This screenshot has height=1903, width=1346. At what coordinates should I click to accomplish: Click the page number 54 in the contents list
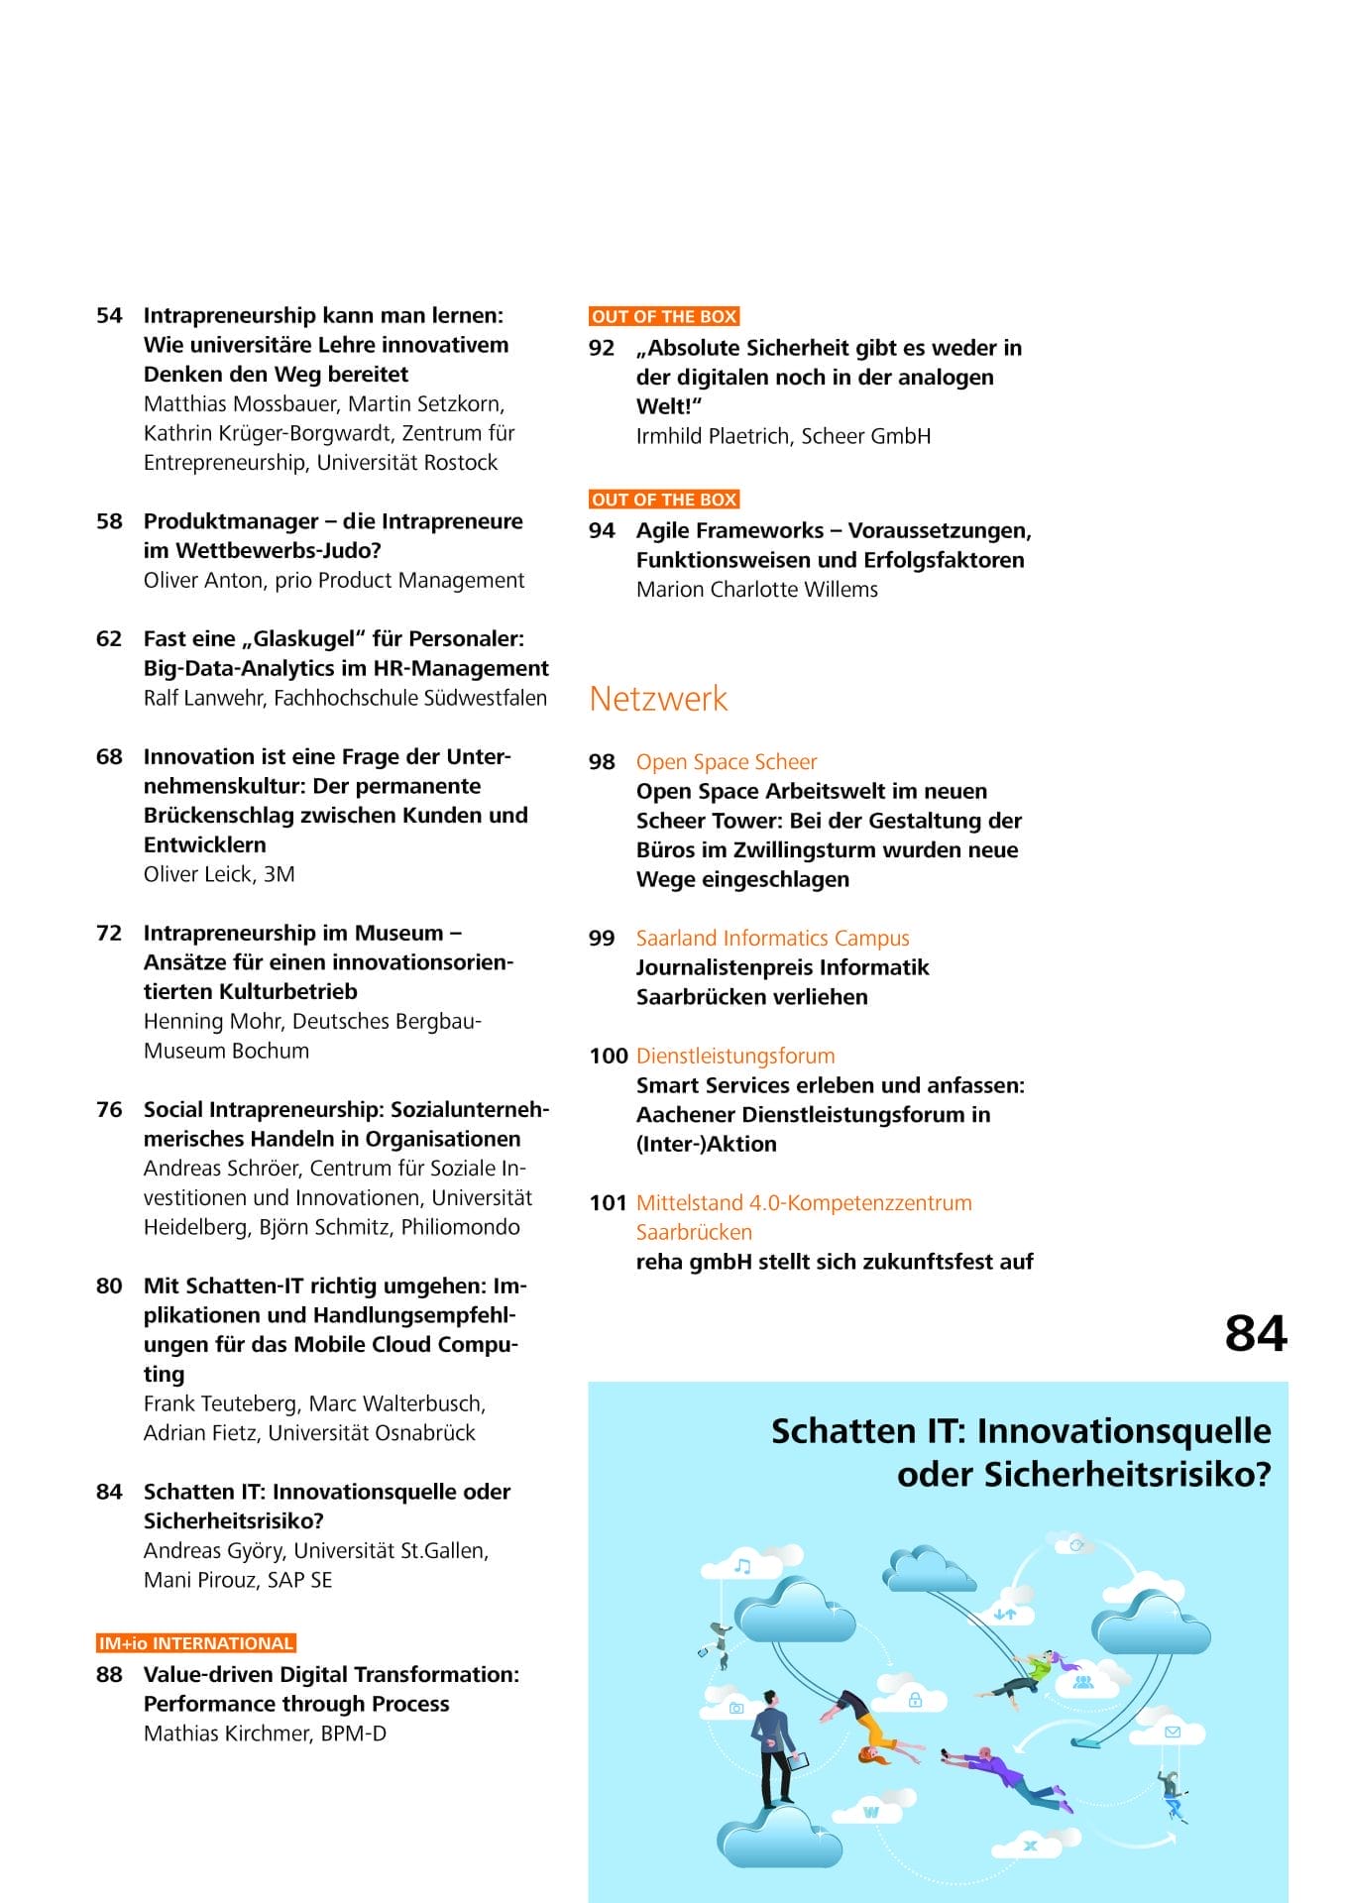tap(109, 316)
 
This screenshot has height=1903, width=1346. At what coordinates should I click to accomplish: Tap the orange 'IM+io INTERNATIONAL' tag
tap(196, 1643)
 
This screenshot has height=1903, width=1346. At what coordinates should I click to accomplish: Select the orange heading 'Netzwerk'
tap(658, 699)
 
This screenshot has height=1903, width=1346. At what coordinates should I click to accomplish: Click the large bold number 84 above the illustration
tap(1255, 1334)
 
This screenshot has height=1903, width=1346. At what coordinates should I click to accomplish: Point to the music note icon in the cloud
tap(741, 1567)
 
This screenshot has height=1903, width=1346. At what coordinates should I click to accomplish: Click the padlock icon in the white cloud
tap(915, 1700)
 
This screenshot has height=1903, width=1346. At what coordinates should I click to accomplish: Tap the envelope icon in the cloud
tap(1173, 1733)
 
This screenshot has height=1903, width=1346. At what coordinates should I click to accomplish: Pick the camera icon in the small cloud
tap(735, 1708)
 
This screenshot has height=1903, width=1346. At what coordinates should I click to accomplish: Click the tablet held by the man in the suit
tap(800, 1761)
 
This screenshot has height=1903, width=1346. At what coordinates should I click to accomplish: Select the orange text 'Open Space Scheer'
tap(727, 762)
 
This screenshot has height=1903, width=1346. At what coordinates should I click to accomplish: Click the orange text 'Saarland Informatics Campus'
tap(772, 939)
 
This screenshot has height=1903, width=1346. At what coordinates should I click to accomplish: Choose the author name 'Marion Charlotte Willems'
tap(757, 590)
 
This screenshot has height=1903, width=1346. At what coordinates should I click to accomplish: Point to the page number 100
tap(608, 1057)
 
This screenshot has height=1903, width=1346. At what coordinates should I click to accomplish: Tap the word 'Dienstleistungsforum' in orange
tap(735, 1057)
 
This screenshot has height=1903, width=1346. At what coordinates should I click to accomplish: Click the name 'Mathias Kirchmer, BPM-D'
tap(265, 1734)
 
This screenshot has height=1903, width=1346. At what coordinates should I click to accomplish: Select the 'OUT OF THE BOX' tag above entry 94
tap(664, 500)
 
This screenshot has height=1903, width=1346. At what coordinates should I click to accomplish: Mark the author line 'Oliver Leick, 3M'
tap(219, 874)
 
